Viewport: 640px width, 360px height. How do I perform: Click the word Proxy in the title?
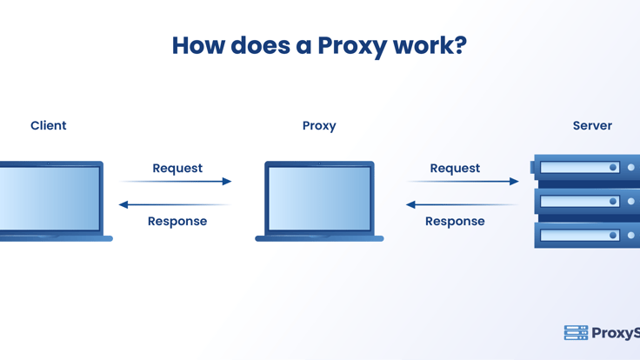tap(352, 46)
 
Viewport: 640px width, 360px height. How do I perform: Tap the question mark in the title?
tap(460, 44)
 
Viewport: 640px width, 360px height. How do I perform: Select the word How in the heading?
tap(198, 45)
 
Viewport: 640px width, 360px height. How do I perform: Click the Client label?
tap(48, 125)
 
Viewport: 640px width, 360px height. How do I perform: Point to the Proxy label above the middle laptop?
tap(319, 126)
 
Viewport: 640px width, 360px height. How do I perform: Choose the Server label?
tap(592, 125)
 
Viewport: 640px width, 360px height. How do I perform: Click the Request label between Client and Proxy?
tap(177, 168)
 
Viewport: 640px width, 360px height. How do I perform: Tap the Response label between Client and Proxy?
tap(177, 221)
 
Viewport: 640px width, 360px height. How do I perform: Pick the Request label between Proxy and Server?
tap(455, 168)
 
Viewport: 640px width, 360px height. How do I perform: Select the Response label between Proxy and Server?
tap(455, 221)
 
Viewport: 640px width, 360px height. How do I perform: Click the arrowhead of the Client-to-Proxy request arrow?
tap(227, 181)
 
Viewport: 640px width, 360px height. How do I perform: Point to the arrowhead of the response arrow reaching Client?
tap(123, 204)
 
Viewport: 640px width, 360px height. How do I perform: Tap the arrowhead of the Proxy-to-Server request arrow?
tap(514, 181)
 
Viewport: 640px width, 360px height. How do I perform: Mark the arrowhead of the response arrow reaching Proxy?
tap(410, 204)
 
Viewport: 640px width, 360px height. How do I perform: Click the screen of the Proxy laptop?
tap(319, 198)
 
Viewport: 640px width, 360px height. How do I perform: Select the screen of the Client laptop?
tap(50, 198)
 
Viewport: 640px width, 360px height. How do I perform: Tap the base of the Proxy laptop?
tap(319, 238)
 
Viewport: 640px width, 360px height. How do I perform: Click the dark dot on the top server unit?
tap(613, 167)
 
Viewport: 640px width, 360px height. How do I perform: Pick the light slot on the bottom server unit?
tap(580, 235)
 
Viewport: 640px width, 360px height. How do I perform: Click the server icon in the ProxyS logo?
tap(576, 333)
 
